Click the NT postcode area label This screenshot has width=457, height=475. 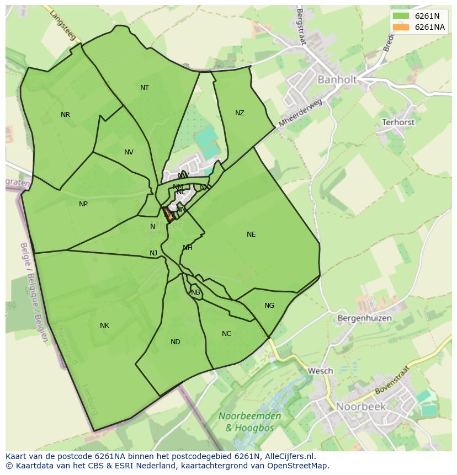click(145, 88)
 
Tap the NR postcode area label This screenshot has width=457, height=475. click(66, 115)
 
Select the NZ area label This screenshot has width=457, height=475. click(240, 113)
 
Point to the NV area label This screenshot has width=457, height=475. click(129, 152)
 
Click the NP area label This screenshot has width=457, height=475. click(83, 204)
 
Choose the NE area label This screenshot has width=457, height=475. click(251, 234)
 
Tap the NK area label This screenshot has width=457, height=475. click(104, 325)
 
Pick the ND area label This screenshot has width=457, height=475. click(176, 342)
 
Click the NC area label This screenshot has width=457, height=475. click(227, 334)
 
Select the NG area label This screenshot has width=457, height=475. click(269, 306)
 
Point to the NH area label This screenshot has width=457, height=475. click(188, 248)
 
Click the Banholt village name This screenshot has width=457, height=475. click(337, 80)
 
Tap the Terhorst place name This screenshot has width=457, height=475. click(398, 122)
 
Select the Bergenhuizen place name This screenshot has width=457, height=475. click(364, 318)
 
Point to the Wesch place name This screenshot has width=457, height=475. click(320, 371)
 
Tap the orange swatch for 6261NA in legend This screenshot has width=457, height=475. click(401, 27)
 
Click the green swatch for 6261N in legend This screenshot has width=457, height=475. click(401, 16)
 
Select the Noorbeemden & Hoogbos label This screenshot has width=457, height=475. click(249, 421)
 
